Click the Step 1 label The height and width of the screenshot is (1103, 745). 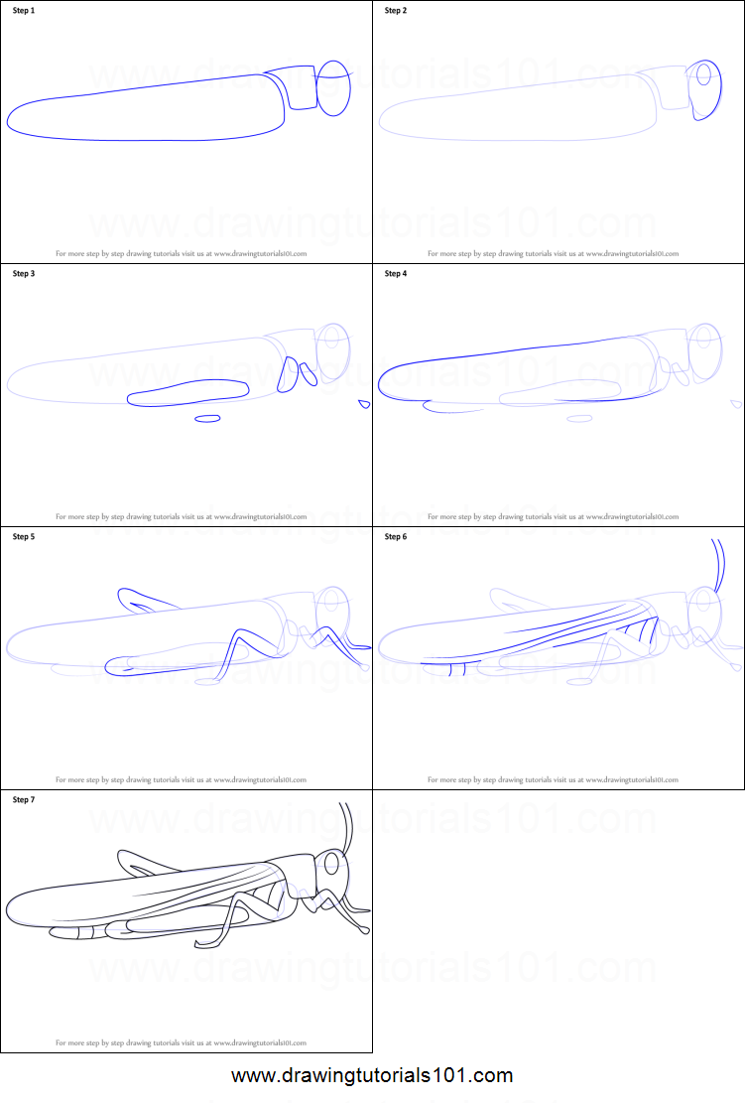[24, 11]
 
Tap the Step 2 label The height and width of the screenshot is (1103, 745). [396, 11]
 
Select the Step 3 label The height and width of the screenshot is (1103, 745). [24, 274]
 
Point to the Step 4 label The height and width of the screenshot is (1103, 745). [396, 274]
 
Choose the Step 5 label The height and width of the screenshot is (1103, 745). [24, 537]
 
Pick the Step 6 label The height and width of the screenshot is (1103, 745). [396, 537]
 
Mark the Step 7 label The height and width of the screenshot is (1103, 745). [24, 799]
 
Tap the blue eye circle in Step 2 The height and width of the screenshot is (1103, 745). [704, 76]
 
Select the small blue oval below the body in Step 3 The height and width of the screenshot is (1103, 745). [207, 418]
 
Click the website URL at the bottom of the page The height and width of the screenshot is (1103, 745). [372, 1075]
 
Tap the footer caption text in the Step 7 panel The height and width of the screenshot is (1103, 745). [181, 1042]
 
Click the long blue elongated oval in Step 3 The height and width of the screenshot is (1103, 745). [188, 393]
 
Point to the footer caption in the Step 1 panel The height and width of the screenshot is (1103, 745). [181, 253]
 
